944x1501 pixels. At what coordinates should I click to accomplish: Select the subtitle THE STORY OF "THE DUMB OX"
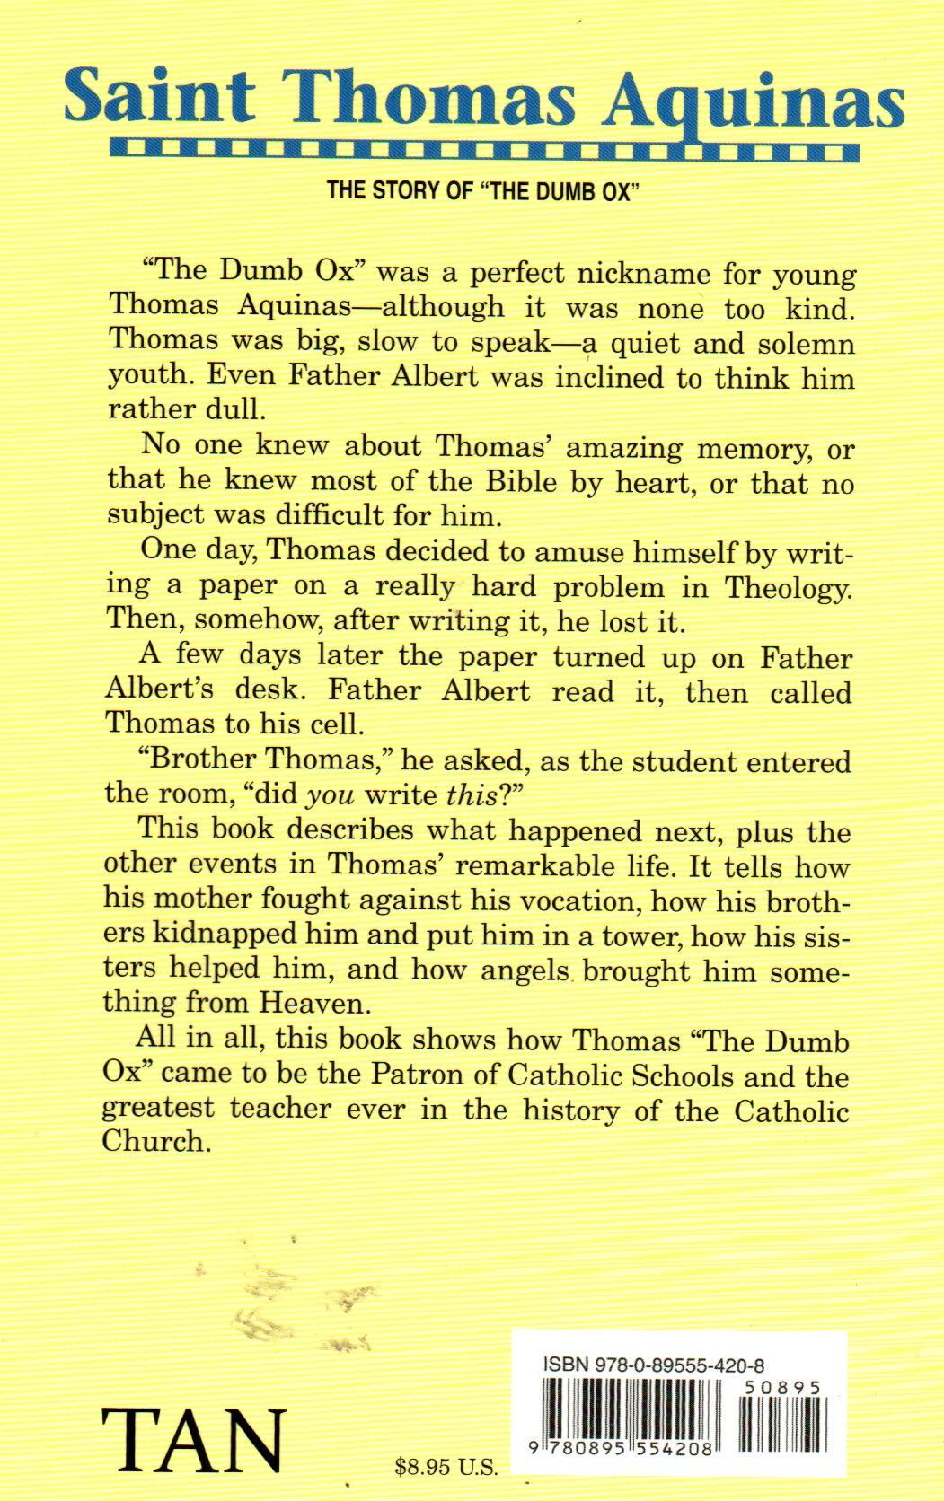475,191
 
